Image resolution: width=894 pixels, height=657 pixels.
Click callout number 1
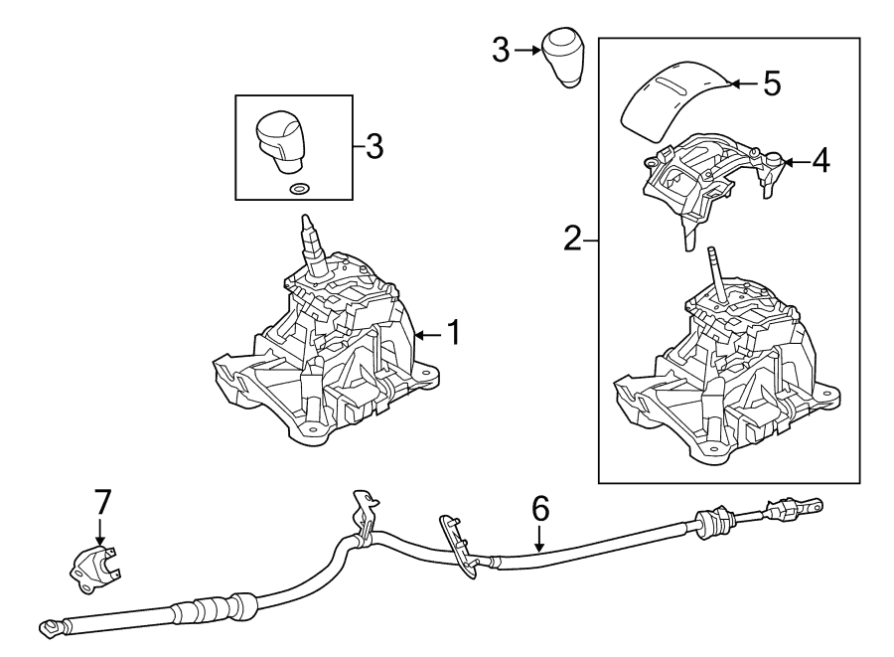click(452, 333)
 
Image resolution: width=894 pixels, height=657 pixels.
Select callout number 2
click(572, 239)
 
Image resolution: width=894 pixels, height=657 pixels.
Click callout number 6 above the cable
click(539, 509)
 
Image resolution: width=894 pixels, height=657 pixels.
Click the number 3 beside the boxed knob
click(373, 146)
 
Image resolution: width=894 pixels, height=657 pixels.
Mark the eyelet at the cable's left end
click(47, 626)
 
